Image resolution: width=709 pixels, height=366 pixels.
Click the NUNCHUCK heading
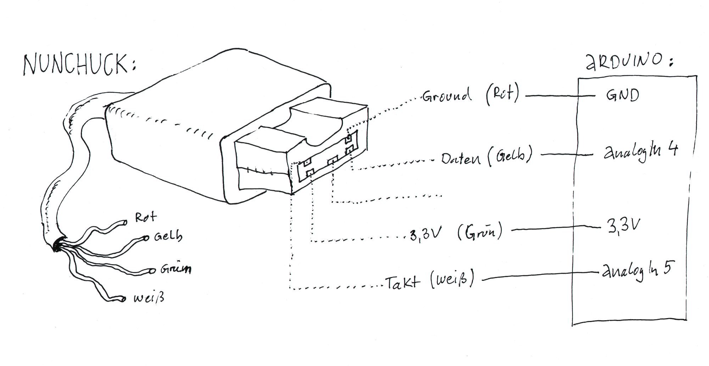79,65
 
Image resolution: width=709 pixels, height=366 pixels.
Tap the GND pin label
622,95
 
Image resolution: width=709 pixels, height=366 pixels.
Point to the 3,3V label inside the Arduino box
624,226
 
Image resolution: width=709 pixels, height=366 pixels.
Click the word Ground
446,95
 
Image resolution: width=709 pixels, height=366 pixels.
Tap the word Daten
461,159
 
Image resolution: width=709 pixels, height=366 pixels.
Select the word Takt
403,283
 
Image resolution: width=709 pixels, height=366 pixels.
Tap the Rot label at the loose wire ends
145,217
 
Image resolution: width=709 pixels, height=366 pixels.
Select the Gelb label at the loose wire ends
168,236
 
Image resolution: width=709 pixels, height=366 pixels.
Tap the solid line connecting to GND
560,96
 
